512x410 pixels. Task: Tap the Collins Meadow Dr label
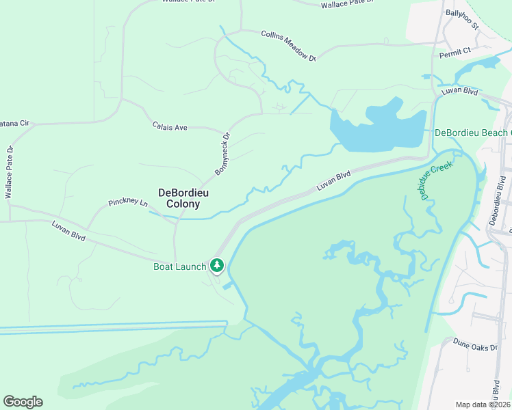(x=287, y=46)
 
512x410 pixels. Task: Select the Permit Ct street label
(x=456, y=51)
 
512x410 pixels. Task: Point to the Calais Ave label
(x=170, y=126)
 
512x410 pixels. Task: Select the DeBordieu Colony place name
(x=179, y=198)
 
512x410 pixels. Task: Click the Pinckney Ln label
(x=128, y=203)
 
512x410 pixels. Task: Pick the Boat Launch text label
(x=179, y=266)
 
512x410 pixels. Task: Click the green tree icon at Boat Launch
(x=217, y=264)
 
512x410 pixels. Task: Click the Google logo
(x=23, y=402)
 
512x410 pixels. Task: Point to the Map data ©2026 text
(x=483, y=405)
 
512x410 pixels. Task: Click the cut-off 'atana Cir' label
(x=15, y=123)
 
